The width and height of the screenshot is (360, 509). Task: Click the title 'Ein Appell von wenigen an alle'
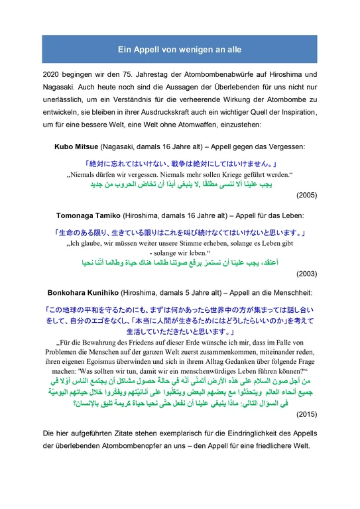[x=180, y=49]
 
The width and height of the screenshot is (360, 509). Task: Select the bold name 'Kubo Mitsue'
[x=76, y=146]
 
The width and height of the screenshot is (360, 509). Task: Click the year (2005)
[x=306, y=196]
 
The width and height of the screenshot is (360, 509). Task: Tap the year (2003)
[x=306, y=272]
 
